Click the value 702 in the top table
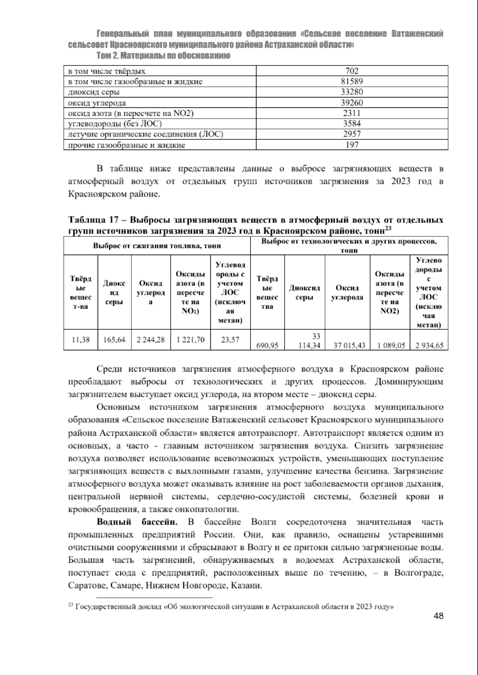pyautogui.click(x=352, y=71)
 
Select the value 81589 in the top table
pyautogui.click(x=352, y=82)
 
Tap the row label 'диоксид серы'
pyautogui.click(x=94, y=92)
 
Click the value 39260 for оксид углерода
pyautogui.click(x=352, y=103)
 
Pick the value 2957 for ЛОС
pyautogui.click(x=352, y=134)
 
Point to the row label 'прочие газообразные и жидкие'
pyautogui.click(x=127, y=145)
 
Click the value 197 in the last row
pyautogui.click(x=352, y=145)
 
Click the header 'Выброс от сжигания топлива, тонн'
pyautogui.click(x=157, y=246)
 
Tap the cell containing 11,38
pyautogui.click(x=80, y=339)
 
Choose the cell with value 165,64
pyautogui.click(x=114, y=339)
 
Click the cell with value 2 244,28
pyautogui.click(x=151, y=339)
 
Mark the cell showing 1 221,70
pyautogui.click(x=190, y=339)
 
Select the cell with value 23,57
pyautogui.click(x=230, y=339)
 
